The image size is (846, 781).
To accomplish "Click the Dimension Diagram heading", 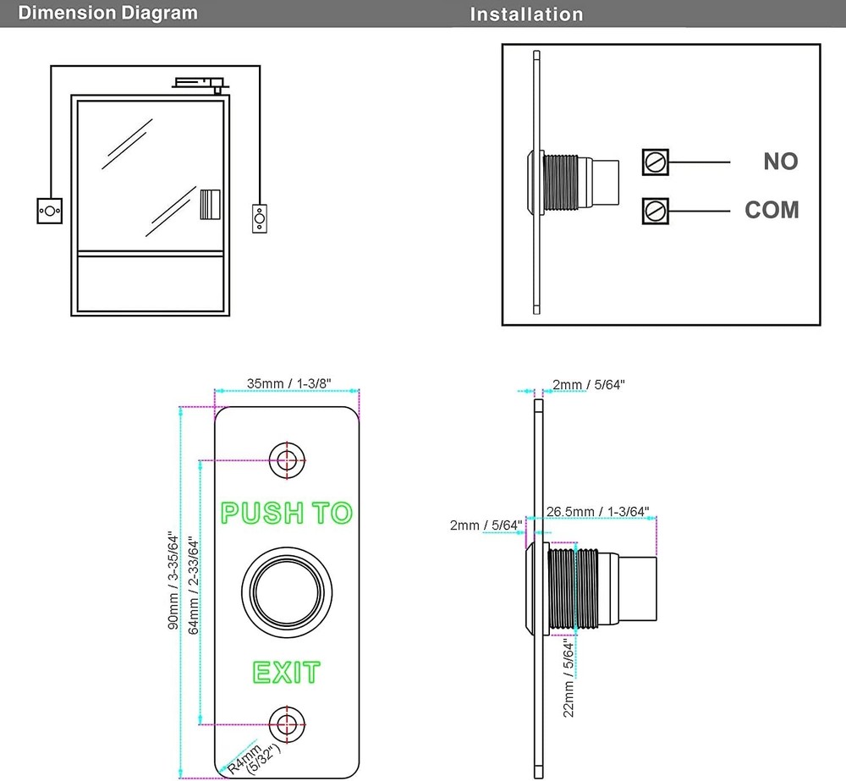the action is click(x=107, y=14).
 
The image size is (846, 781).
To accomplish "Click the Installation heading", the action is click(x=526, y=14).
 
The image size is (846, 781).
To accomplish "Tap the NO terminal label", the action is click(x=780, y=162).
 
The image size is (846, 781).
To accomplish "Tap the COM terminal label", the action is click(x=772, y=210).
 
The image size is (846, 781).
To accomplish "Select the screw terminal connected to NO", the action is click(x=656, y=162).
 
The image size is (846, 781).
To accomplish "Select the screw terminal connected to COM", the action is click(x=656, y=210).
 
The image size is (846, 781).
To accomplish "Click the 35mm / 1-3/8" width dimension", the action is click(x=288, y=383).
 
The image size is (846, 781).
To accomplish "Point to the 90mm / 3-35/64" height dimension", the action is click(x=173, y=580).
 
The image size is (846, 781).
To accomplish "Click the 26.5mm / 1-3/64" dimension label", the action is click(x=597, y=511).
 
